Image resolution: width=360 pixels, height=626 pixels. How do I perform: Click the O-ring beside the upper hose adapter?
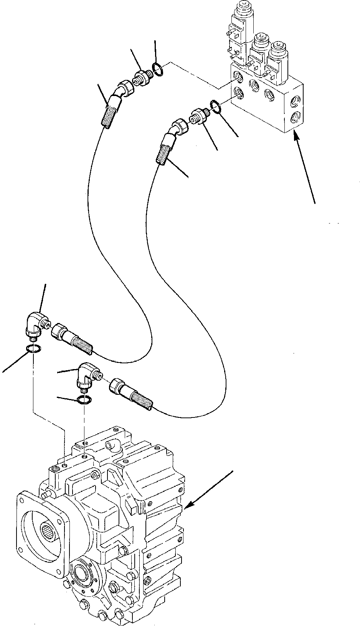coord(157,68)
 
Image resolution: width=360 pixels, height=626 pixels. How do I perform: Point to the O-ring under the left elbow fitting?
coord(33,348)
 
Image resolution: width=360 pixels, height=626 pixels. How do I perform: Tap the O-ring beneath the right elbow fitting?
coord(84,399)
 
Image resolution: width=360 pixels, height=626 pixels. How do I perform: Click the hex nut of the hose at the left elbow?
coord(59,330)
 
